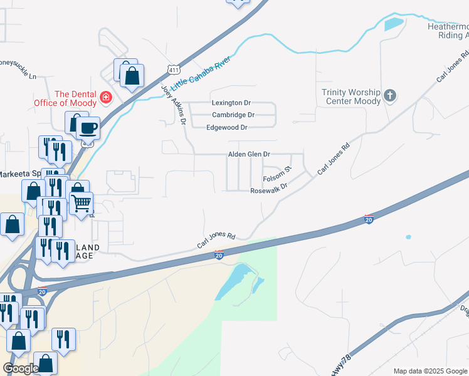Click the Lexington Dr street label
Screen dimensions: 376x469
pos(231,103)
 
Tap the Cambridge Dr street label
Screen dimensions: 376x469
pos(233,115)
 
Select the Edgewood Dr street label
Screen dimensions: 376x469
pos(227,127)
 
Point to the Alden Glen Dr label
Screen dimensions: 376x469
pos(249,154)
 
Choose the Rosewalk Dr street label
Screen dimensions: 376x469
pos(268,190)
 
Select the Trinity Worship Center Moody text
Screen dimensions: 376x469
pos(351,97)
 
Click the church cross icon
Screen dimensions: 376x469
pos(390,96)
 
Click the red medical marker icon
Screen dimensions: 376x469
pos(105,98)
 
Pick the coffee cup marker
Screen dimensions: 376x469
pos(88,128)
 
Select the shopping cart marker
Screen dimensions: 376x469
pos(81,203)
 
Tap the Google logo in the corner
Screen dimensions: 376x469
pos(21,368)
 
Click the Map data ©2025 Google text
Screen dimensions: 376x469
pos(429,371)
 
